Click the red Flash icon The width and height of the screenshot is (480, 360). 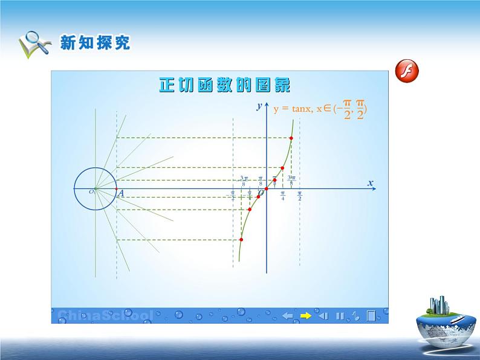[407, 71]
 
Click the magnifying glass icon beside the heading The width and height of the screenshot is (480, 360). [34, 44]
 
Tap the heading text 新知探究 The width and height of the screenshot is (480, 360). [95, 43]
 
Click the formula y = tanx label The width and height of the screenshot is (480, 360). [320, 109]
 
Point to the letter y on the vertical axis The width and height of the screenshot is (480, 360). [258, 106]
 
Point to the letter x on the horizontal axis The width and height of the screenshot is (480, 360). [371, 182]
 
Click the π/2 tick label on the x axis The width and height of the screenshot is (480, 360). [300, 196]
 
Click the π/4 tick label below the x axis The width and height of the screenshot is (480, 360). [282, 196]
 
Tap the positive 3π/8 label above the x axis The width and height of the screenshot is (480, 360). [291, 180]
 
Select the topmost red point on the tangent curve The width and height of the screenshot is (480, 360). [291, 139]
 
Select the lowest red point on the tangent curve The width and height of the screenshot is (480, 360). [241, 240]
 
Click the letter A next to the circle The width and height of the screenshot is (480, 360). [121, 194]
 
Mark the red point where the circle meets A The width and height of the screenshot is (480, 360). [116, 189]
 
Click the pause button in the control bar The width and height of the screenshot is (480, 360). [340, 315]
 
